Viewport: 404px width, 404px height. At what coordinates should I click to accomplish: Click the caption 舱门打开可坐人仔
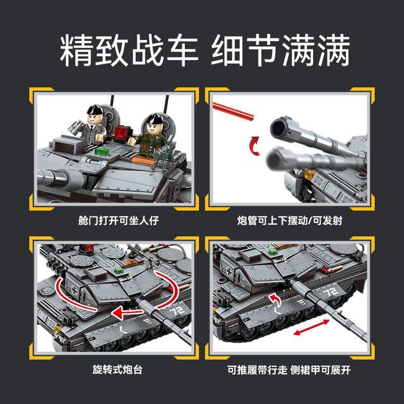(x=119, y=221)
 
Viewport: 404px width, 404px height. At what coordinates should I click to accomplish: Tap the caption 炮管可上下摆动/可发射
(x=290, y=221)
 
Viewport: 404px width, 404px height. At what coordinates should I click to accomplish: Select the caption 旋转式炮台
(x=117, y=369)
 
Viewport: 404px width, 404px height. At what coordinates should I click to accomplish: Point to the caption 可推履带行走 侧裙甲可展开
(x=289, y=370)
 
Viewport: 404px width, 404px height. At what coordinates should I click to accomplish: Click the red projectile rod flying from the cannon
(x=233, y=111)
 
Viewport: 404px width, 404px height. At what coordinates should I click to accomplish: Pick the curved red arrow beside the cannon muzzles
(x=254, y=146)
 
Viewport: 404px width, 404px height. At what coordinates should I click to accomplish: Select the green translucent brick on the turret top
(x=102, y=151)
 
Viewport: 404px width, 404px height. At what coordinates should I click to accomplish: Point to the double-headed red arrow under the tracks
(x=311, y=328)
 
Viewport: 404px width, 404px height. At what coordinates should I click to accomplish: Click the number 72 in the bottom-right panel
(x=331, y=292)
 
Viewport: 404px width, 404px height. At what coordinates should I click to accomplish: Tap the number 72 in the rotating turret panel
(x=177, y=311)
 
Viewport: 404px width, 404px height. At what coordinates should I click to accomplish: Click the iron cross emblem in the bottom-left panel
(x=74, y=290)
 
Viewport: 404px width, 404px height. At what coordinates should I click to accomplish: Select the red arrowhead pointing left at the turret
(x=119, y=313)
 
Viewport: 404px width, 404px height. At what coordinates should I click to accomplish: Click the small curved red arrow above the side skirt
(x=275, y=301)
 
